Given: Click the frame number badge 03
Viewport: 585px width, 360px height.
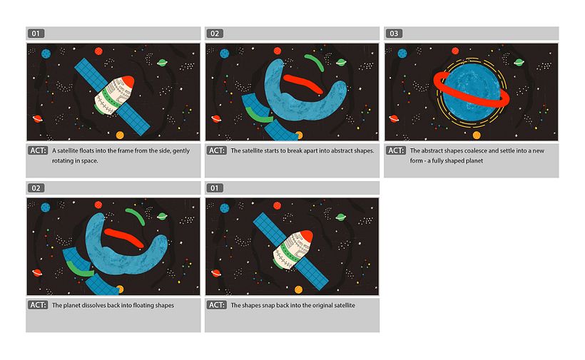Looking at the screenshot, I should point(395,34).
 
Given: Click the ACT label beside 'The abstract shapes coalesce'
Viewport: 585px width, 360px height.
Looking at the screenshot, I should point(396,151).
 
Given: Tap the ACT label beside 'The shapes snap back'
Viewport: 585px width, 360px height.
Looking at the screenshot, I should point(217,305).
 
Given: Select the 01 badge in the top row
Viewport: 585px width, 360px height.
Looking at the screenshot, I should point(37,34).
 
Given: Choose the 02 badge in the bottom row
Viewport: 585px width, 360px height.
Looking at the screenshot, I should point(37,188).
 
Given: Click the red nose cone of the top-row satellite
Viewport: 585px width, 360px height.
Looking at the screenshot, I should point(124,82).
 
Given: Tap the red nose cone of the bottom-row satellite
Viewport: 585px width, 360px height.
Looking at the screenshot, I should point(303,237).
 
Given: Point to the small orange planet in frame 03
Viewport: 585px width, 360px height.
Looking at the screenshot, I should point(477,135).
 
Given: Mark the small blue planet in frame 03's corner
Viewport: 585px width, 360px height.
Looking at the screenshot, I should point(403,53).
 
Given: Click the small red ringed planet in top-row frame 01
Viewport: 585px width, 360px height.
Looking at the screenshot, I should point(36,119).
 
